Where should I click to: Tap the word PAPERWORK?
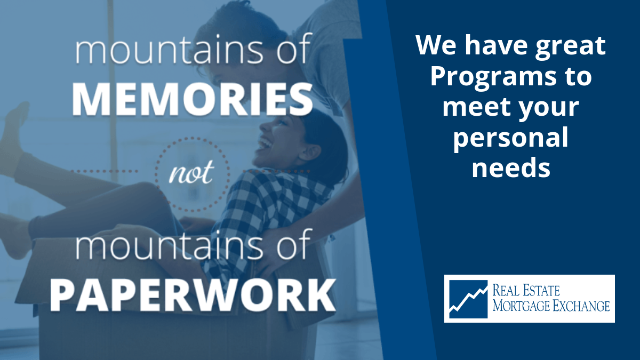193,295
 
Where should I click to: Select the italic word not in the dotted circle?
191,172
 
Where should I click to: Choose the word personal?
511,138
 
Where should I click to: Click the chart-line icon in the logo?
468,299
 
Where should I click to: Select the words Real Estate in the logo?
526,291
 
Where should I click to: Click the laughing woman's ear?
309,153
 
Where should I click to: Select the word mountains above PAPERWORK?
169,246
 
